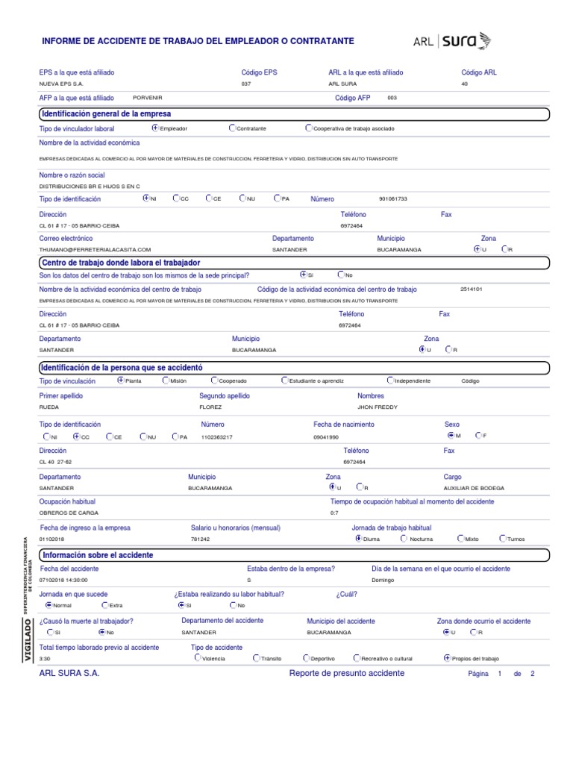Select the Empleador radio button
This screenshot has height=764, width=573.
pos(155,128)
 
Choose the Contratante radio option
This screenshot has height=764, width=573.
pos(234,128)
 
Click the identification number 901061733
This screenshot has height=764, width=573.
pos(393,199)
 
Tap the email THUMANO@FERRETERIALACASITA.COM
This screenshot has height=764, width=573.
pos(95,249)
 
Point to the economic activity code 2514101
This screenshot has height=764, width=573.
pos(472,289)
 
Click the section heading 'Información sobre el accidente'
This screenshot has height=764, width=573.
pos(98,555)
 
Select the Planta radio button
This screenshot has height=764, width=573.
pos(122,380)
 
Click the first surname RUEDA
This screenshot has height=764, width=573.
pos(48,407)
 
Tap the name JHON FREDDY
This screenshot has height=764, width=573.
pos(378,407)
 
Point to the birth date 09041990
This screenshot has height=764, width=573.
pos(326,436)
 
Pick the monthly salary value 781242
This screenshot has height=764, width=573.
pos(200,539)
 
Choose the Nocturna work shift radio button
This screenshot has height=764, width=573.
pos(404,538)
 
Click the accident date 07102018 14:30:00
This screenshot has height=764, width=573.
pos(63,580)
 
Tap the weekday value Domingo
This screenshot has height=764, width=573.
pos(383,580)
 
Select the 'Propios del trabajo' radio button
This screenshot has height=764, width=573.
pos(447,658)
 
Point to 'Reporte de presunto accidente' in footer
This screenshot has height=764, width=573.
pos(346,673)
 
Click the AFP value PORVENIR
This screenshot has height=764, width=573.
pos(147,98)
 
